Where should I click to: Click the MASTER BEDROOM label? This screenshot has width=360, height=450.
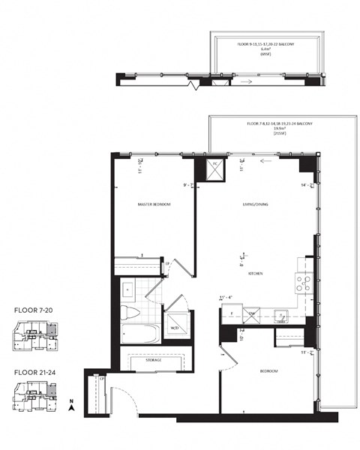pyautogui.click(x=154, y=204)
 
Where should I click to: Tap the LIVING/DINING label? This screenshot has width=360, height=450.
pyautogui.click(x=253, y=205)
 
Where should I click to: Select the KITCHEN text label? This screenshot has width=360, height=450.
pyautogui.click(x=255, y=274)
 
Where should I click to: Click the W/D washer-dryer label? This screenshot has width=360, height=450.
pyautogui.click(x=174, y=328)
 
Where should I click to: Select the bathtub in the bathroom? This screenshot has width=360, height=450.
pyautogui.click(x=139, y=333)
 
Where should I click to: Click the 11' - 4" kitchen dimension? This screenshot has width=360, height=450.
pyautogui.click(x=228, y=298)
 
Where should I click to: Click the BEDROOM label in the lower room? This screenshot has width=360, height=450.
pyautogui.click(x=269, y=372)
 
